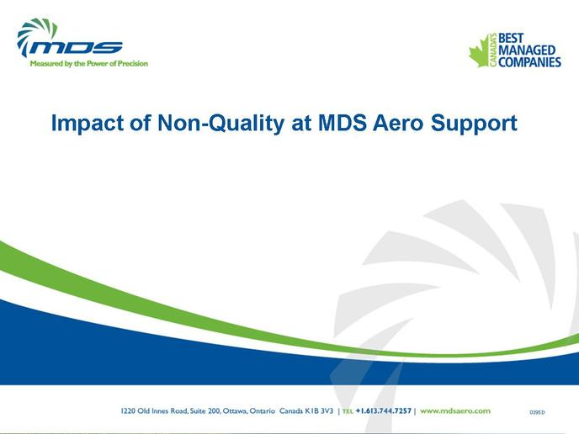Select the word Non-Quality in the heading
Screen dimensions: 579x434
coord(220,124)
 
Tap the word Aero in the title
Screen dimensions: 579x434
coord(398,123)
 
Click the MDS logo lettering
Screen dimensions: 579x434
coord(76,48)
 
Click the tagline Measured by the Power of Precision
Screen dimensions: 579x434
coord(88,63)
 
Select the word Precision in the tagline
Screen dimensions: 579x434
coord(133,63)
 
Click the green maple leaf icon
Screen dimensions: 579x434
coord(480,51)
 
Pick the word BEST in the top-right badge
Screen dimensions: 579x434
coord(511,38)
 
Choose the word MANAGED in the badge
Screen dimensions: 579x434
coord(527,50)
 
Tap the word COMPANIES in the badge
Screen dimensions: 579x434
coord(529,62)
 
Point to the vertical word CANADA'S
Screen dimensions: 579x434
coord(493,50)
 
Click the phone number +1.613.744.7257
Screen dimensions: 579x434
coord(383,410)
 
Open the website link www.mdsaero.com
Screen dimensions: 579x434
coord(455,410)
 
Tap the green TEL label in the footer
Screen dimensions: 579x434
coord(348,411)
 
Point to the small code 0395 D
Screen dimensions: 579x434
coord(537,412)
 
